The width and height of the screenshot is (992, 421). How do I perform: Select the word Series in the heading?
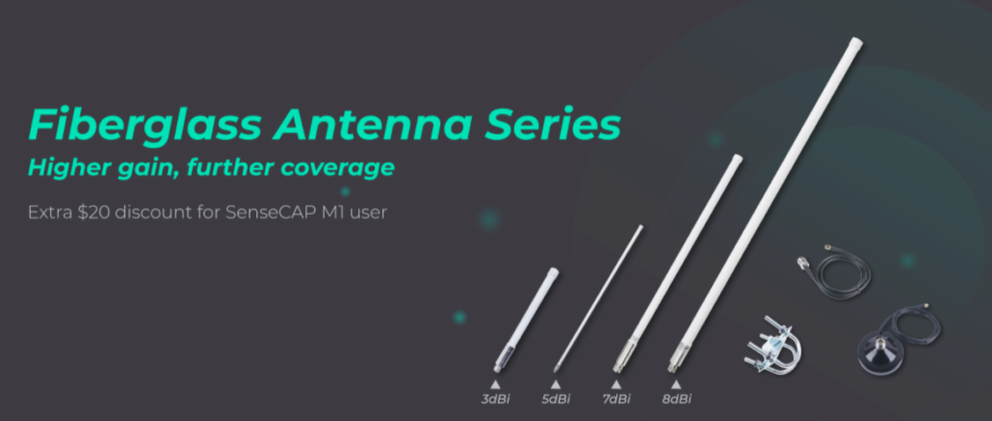552,124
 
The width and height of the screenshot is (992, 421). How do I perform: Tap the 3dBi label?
495,399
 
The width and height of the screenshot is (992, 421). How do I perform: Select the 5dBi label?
556,399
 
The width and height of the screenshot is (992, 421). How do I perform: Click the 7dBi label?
615,399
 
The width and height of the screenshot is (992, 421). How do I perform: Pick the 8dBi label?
676,399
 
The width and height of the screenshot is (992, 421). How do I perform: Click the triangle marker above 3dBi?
495,383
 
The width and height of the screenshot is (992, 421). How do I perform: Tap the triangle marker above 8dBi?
676,383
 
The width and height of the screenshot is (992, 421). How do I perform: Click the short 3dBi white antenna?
527,320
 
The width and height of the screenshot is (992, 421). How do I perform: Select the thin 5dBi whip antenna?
598,299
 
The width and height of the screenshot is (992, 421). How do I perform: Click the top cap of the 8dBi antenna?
856,43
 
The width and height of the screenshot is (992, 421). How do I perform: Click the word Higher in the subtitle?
66,168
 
